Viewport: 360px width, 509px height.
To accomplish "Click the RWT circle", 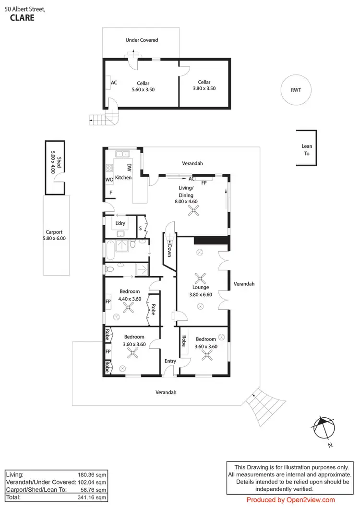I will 296,90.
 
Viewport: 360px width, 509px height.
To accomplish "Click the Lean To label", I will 306,150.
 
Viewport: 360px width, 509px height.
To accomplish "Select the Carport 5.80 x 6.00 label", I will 55,234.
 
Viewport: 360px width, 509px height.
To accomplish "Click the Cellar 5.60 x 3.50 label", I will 143,86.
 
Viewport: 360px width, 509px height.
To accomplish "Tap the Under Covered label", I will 142,40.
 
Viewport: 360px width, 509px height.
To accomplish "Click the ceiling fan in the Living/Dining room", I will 194,212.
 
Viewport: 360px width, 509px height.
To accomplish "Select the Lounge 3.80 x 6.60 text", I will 201,291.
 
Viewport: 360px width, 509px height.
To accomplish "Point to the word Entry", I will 170,361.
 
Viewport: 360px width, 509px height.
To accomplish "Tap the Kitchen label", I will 123,177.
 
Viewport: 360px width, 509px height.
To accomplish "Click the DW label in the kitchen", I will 129,167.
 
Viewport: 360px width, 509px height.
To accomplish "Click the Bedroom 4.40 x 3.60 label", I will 130,295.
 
